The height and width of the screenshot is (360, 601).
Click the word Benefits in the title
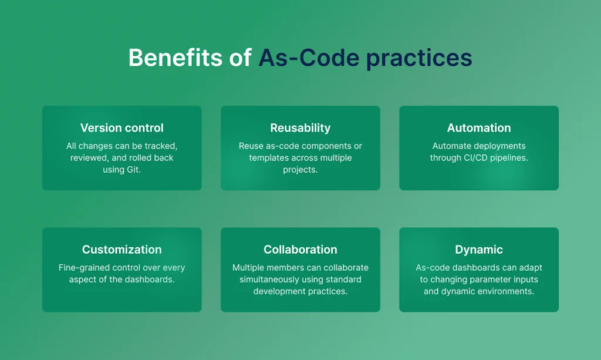pyautogui.click(x=175, y=58)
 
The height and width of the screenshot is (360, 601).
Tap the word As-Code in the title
pyautogui.click(x=309, y=58)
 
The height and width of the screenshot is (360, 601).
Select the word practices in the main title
pyautogui.click(x=419, y=59)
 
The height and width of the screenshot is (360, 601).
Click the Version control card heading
pyautogui.click(x=122, y=127)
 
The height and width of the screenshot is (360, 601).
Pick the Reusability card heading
pyautogui.click(x=300, y=128)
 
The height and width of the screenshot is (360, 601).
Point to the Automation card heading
pyautogui.click(x=479, y=127)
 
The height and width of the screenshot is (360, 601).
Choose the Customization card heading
pyautogui.click(x=122, y=250)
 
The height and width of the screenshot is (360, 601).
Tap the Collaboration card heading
pyautogui.click(x=300, y=250)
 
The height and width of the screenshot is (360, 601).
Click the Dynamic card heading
pyautogui.click(x=479, y=250)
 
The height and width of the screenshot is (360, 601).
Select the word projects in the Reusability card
pyautogui.click(x=300, y=170)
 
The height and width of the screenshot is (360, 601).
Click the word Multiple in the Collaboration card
pyautogui.click(x=248, y=268)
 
